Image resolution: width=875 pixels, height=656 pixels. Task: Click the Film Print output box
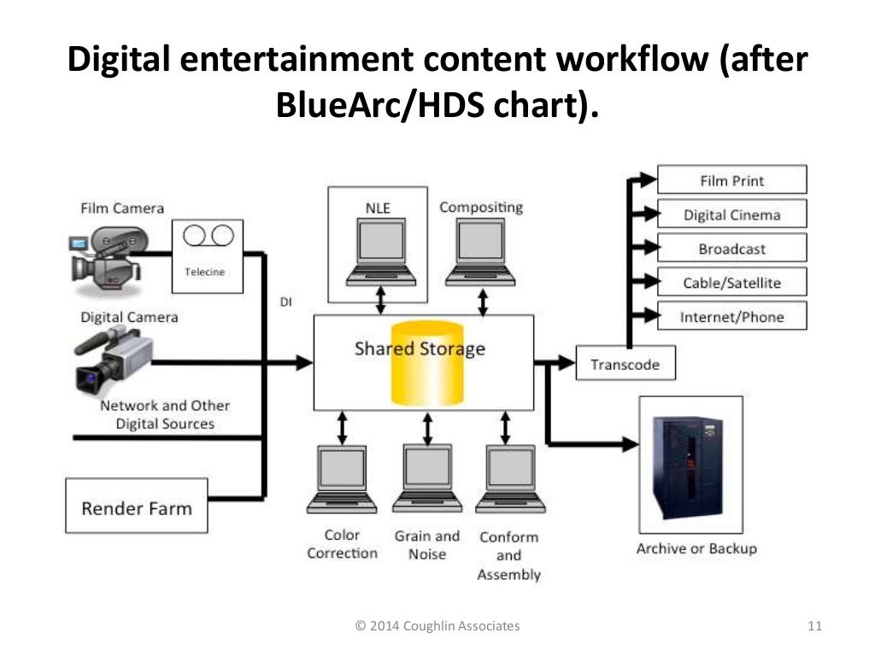pyautogui.click(x=731, y=180)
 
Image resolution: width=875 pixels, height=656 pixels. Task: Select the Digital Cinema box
pyautogui.click(x=731, y=214)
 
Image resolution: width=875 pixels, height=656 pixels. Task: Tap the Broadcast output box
pyautogui.click(x=731, y=249)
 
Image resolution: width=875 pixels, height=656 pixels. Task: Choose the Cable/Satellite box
pyautogui.click(x=731, y=283)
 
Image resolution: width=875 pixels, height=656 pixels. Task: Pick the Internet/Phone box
pyautogui.click(x=731, y=317)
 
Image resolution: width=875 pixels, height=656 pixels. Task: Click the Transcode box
pyautogui.click(x=625, y=364)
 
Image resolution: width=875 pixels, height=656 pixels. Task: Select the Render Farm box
pyautogui.click(x=137, y=508)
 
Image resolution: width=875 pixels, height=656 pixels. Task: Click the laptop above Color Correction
pyautogui.click(x=342, y=478)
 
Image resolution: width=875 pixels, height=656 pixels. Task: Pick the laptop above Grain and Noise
pyautogui.click(x=427, y=478)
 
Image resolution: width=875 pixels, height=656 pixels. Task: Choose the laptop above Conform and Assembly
pyautogui.click(x=509, y=478)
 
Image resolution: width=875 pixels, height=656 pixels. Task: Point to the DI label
pyautogui.click(x=285, y=302)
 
